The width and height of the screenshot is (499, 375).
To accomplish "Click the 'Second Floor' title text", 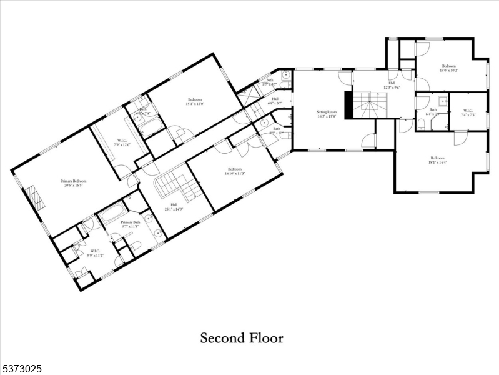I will point(242,338).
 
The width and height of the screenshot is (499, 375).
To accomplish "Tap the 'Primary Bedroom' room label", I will point(73,181).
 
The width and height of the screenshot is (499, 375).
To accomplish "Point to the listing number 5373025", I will point(22,369).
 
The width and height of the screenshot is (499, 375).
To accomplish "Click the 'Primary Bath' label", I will point(131,222).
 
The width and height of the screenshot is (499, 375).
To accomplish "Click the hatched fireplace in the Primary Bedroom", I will point(38,201).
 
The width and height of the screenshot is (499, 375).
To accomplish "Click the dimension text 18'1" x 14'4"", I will point(438,162).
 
